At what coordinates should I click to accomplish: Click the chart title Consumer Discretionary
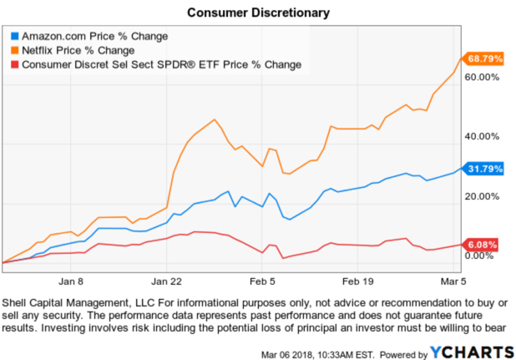(x=258, y=13)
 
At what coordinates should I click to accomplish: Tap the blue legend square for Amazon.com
(x=13, y=37)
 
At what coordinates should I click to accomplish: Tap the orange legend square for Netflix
(x=13, y=50)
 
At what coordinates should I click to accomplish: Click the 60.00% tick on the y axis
(x=481, y=77)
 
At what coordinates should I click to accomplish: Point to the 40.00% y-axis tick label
(x=481, y=136)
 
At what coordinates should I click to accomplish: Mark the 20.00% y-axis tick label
(x=481, y=196)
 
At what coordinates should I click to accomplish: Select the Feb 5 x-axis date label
(x=266, y=271)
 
